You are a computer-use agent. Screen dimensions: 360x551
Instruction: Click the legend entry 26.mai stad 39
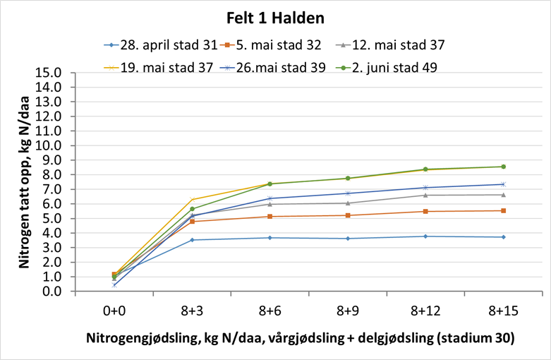(x=275, y=68)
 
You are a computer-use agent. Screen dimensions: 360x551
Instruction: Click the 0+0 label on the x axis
(x=114, y=310)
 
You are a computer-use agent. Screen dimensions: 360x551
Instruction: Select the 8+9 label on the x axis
(x=348, y=310)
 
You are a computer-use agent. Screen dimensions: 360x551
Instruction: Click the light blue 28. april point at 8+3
(x=192, y=240)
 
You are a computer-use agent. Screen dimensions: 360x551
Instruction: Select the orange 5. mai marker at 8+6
(x=270, y=216)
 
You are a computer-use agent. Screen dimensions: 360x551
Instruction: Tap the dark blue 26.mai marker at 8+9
(x=348, y=193)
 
